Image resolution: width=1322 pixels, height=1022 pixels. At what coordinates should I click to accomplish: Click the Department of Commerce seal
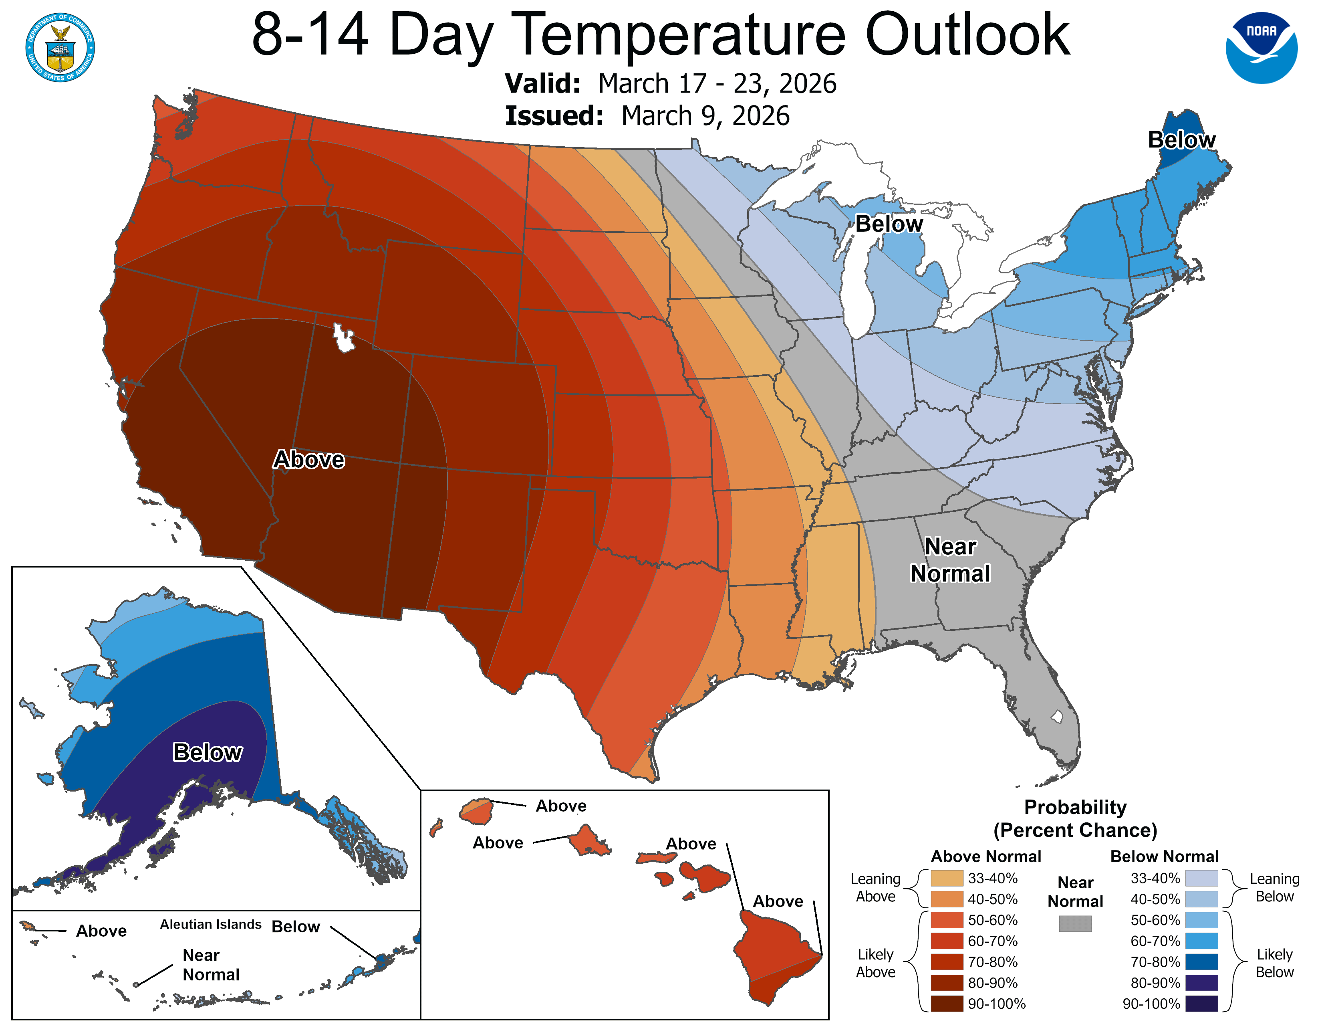[x=60, y=47]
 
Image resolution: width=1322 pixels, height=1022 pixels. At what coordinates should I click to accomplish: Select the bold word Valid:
[x=542, y=83]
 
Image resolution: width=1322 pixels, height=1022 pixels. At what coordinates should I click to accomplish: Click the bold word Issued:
[x=554, y=116]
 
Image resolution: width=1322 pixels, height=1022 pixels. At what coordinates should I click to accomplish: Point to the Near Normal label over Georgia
[x=950, y=559]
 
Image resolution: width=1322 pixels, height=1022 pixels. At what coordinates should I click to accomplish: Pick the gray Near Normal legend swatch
[x=1075, y=923]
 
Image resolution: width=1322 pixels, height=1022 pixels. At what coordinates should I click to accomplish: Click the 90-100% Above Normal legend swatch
[x=947, y=1003]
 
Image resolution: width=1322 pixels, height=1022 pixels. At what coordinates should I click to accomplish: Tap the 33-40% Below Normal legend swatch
[x=1201, y=878]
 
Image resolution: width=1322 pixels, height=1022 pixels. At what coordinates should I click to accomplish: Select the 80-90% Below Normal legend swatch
[x=1201, y=982]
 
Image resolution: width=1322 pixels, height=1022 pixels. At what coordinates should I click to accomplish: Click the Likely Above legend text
[x=875, y=963]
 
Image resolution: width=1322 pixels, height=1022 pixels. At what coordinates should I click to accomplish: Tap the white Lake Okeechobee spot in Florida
[x=1057, y=716]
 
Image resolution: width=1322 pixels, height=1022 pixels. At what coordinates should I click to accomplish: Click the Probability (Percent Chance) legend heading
[x=1075, y=818]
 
